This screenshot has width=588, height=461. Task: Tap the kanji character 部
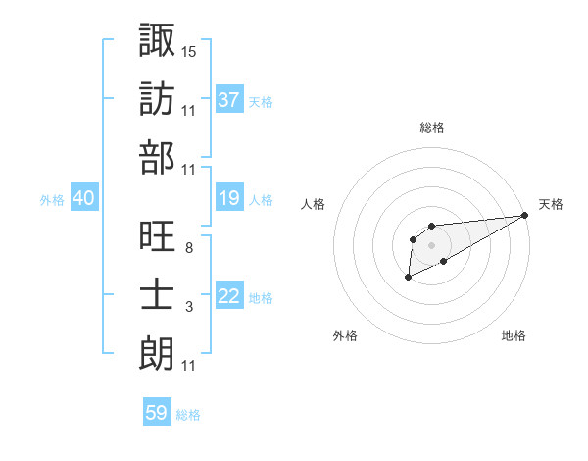coord(158,157)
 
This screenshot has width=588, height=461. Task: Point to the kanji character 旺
coord(158,234)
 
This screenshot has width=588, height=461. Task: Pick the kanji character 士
coord(158,293)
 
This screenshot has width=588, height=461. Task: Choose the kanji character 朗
coord(158,352)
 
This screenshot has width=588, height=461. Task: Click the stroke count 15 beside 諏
coord(189,50)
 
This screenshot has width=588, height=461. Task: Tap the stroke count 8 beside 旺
coord(188,248)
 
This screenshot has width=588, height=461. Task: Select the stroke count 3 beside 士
coord(188,308)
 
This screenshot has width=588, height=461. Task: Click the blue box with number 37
coord(228,99)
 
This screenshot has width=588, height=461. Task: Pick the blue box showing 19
coord(228,199)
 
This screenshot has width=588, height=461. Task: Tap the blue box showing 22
coord(228,297)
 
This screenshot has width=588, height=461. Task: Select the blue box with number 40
coord(83,199)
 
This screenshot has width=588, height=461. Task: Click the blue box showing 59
coord(156,413)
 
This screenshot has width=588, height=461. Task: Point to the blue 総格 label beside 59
coord(188,415)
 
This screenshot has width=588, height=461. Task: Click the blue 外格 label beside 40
coord(52,200)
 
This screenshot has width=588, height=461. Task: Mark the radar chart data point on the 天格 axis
coord(526,215)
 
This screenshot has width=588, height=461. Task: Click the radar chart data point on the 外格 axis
coord(407,279)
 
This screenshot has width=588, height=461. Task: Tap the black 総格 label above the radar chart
coord(431,128)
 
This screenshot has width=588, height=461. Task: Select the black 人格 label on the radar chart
coord(314,204)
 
